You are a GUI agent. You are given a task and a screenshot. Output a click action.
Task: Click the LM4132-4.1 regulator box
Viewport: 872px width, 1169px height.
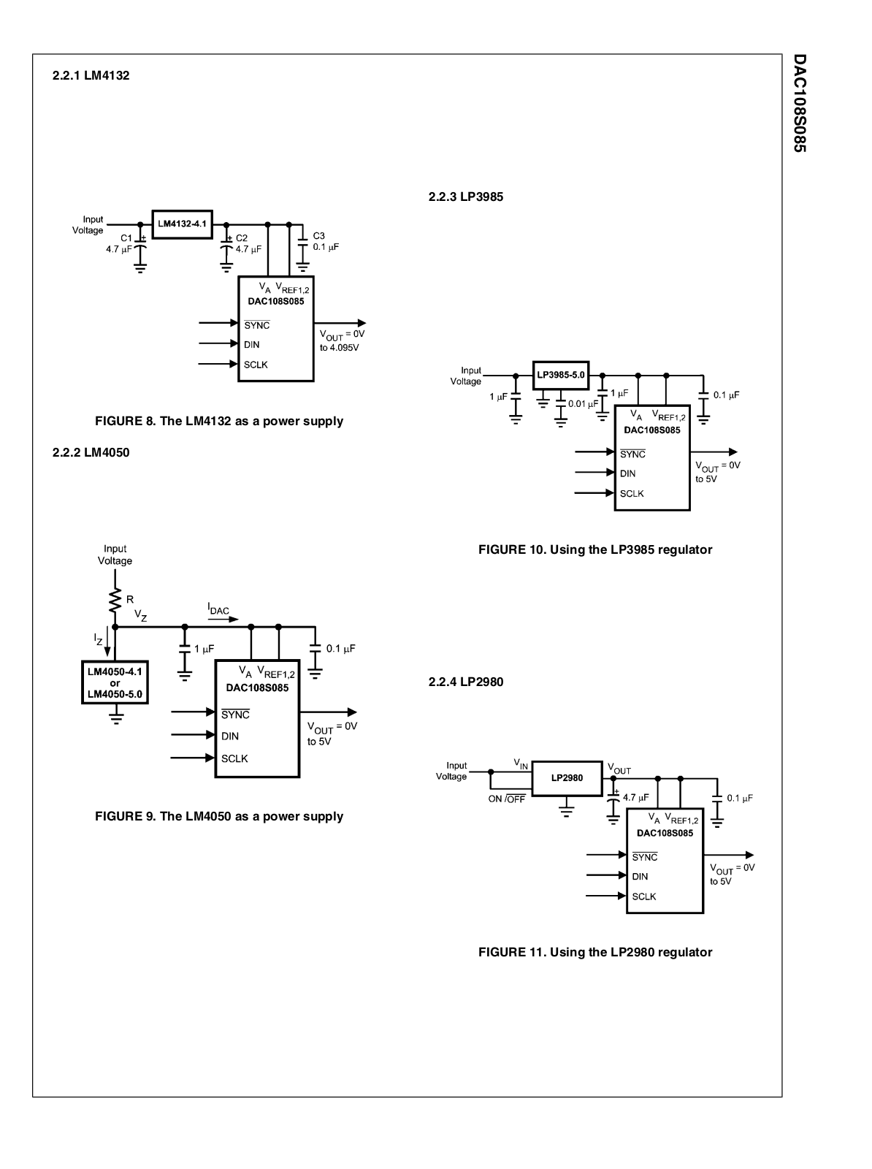point(182,224)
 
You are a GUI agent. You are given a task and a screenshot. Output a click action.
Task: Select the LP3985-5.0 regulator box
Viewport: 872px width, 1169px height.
point(561,375)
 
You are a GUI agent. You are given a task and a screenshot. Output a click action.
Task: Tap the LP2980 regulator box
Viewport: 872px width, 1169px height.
point(567,777)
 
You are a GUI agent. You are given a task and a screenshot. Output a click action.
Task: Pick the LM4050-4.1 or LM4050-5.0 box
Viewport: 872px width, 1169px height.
point(115,683)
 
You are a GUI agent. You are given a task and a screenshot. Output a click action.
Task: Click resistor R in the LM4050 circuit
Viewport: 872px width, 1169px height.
point(115,601)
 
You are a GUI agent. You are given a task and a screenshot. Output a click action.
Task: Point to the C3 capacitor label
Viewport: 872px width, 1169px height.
point(319,236)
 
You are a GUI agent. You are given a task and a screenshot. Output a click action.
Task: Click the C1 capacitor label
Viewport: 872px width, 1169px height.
point(126,238)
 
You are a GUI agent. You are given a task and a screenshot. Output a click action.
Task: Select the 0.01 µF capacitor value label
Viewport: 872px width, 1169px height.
point(583,403)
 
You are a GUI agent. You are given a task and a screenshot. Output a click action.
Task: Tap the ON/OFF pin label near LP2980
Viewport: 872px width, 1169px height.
point(506,799)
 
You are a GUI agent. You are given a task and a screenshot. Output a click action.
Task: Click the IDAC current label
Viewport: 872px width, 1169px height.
point(218,609)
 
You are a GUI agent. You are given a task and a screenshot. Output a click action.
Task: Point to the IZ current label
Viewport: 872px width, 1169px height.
point(99,639)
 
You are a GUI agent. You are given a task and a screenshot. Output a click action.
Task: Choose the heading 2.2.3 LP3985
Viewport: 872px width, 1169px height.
point(465,197)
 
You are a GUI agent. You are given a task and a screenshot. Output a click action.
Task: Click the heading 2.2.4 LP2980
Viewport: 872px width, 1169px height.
point(465,682)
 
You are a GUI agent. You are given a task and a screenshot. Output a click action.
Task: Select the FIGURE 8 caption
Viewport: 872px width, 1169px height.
point(219,421)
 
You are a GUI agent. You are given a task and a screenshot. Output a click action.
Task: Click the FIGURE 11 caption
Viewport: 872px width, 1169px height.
point(594,952)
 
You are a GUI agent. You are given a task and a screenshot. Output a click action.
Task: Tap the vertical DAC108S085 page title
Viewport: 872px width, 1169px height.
point(799,102)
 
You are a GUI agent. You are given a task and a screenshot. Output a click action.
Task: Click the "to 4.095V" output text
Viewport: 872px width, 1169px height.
point(340,347)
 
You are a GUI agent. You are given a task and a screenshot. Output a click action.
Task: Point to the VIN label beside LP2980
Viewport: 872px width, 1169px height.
point(521,764)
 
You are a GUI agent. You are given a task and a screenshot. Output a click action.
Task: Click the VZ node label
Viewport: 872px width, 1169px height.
point(140,616)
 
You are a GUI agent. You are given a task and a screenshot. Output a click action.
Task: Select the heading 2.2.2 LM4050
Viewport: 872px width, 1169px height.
point(91,452)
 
